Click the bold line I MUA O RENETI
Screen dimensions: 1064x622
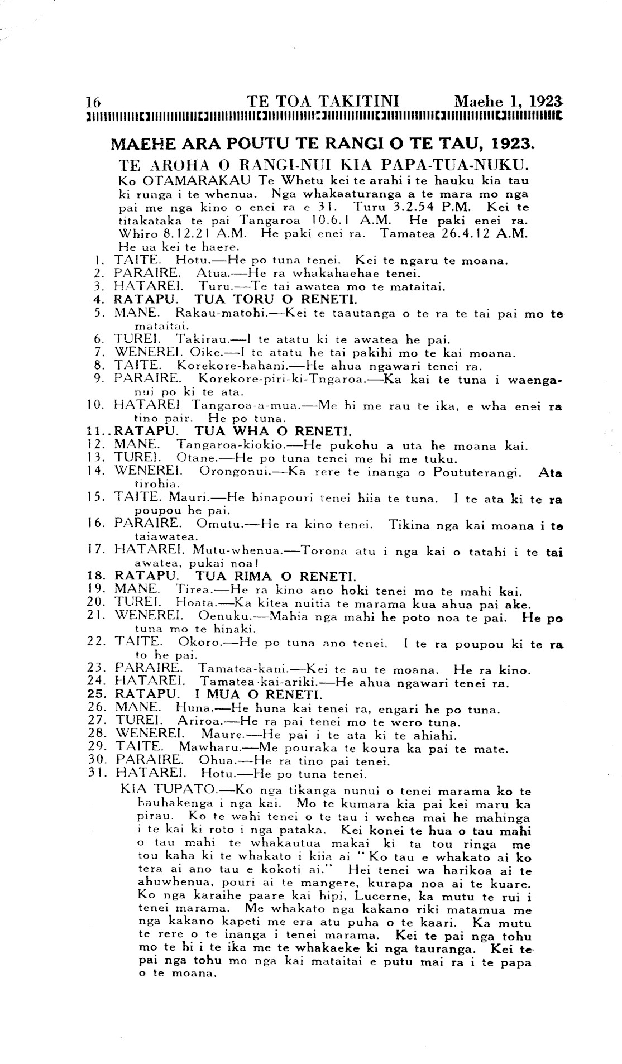click(x=257, y=695)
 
